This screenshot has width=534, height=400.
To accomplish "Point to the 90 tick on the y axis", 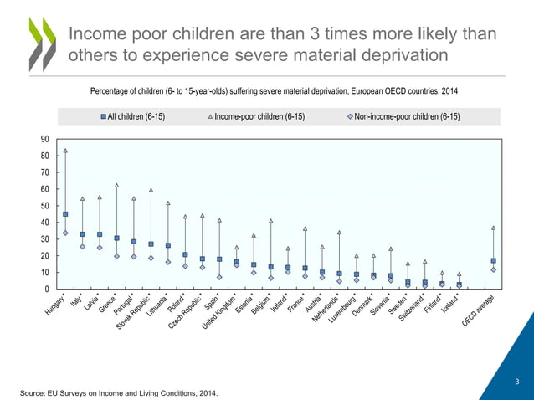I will [x=43, y=139].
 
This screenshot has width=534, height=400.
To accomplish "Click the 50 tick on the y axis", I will [x=43, y=206].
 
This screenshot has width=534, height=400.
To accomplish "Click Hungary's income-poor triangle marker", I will [x=65, y=151].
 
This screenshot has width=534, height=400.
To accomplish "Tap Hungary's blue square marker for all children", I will [x=65, y=214].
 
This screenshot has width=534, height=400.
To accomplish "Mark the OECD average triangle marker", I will [x=494, y=228].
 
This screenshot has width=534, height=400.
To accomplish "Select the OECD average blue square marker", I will [x=494, y=260].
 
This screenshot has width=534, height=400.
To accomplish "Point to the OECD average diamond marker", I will [x=494, y=269].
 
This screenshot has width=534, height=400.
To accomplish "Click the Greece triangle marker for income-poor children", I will [x=116, y=185].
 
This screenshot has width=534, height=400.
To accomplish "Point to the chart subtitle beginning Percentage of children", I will [x=274, y=90].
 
